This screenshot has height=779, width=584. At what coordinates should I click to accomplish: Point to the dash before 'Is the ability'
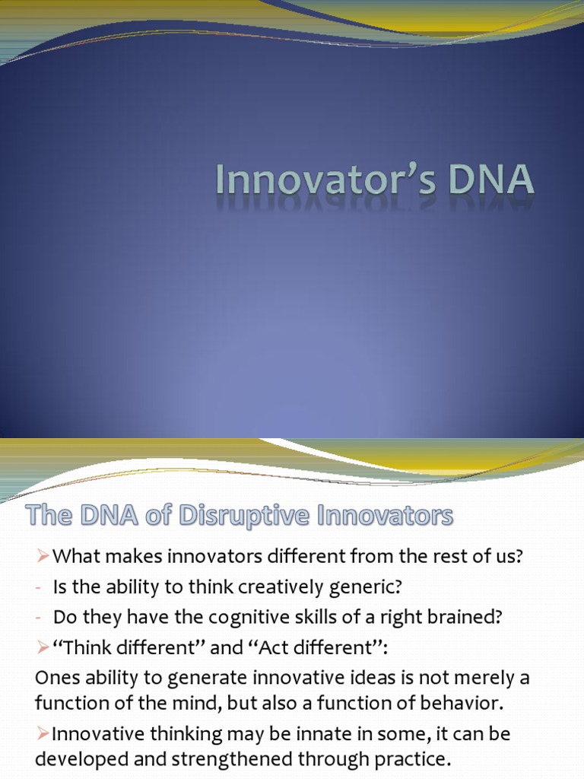(39, 587)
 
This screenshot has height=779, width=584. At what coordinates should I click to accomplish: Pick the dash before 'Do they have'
(39, 617)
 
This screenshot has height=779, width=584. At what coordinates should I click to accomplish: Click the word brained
(459, 617)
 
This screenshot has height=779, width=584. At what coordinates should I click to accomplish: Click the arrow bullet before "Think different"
(43, 647)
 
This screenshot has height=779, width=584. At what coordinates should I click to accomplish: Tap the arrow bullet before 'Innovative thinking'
(43, 734)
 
